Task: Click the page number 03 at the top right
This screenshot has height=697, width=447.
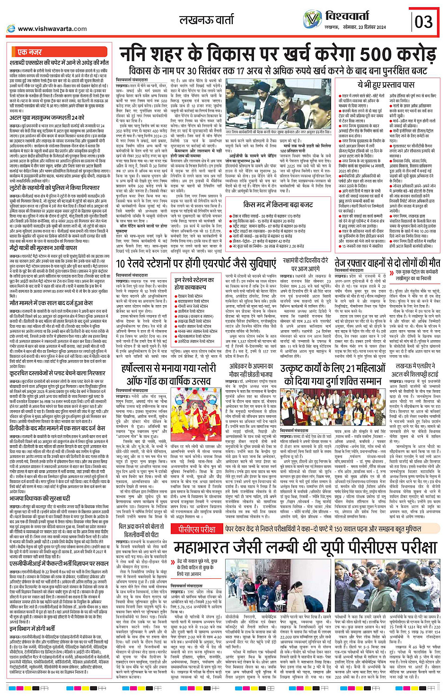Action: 423,22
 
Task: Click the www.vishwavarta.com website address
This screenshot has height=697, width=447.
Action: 52,28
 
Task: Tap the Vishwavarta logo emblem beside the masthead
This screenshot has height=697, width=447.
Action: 312,19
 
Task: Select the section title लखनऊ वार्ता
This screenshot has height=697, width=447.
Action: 206,20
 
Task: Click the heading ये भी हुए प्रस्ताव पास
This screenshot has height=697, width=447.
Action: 386,85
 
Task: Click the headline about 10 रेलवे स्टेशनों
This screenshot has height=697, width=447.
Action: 195,264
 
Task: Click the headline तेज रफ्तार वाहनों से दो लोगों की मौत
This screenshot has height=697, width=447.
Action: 387,263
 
